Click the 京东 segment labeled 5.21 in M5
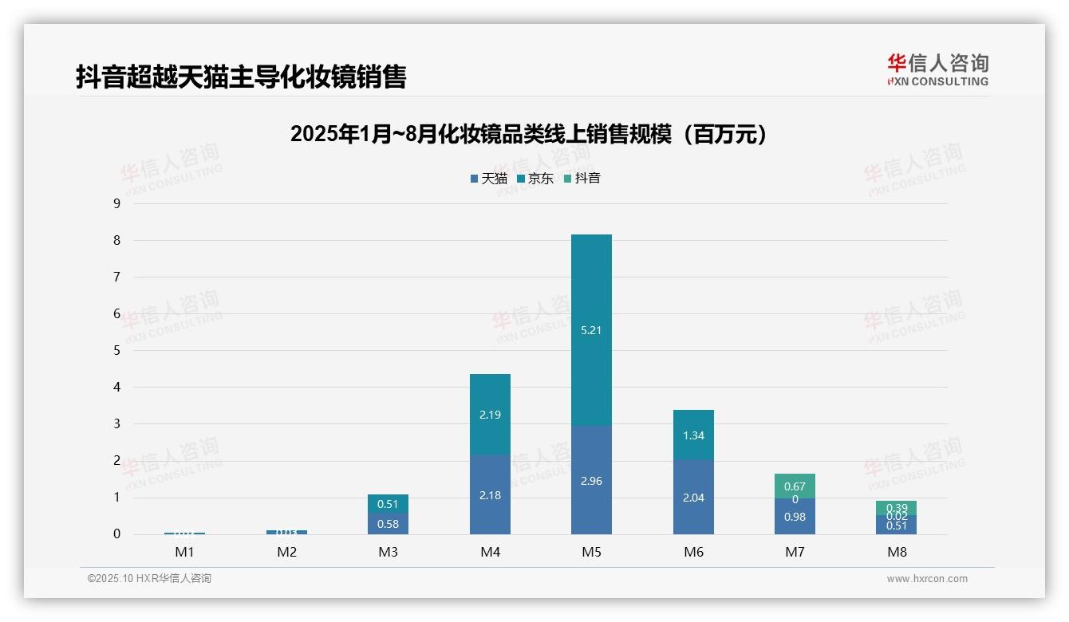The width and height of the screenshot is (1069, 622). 591,329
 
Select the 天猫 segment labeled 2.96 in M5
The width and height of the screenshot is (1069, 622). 591,480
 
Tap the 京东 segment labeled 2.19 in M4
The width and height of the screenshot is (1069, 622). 490,414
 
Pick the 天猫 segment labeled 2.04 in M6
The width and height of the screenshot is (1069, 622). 693,497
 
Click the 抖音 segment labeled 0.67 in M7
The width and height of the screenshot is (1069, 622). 795,486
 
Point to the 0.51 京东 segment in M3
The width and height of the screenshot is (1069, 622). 388,504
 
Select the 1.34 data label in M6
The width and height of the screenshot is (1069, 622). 693,435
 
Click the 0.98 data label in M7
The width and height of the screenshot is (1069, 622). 795,517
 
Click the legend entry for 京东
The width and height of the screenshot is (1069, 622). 535,179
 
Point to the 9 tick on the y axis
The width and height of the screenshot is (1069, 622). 116,203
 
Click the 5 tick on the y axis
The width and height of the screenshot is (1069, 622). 116,350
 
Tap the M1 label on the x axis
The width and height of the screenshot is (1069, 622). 184,552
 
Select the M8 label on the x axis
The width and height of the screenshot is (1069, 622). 897,552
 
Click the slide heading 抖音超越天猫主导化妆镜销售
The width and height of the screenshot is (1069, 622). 241,77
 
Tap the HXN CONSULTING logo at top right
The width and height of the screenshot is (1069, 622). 937,70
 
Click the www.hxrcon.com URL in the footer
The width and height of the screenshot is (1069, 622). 926,579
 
